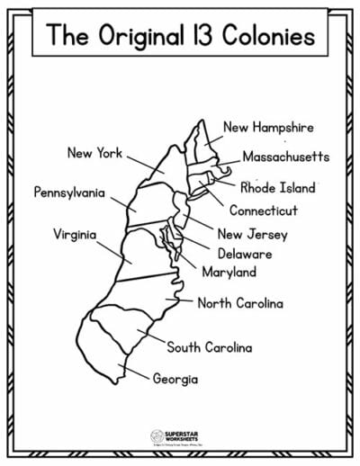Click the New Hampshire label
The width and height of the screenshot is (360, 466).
pos(269,128)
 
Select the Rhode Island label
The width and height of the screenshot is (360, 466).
pos(278,188)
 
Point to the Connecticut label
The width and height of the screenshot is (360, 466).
pos(263,212)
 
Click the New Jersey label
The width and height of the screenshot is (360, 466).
pos(254,234)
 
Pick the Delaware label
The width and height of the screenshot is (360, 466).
pos(244,254)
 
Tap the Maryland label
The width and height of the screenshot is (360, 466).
pos(229,272)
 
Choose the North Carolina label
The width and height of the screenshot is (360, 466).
pos(240,303)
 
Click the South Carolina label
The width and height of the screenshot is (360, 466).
pos(209,346)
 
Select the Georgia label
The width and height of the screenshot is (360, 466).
pos(175,379)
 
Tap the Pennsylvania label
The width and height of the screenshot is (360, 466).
pos(69,192)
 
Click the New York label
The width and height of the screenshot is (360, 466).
pos(95,153)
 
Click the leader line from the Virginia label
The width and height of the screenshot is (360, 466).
pos(112,245)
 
